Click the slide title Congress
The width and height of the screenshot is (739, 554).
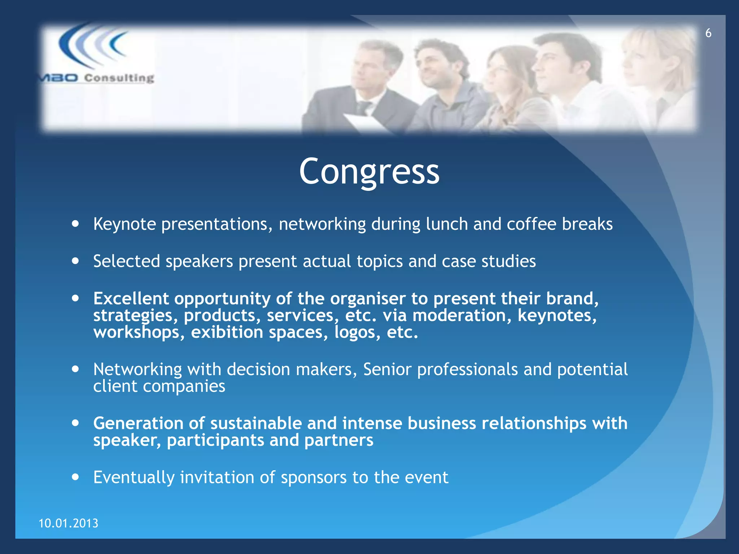coord(369,172)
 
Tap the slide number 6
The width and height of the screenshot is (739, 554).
coord(708,33)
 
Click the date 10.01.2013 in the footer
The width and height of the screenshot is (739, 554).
coord(68,523)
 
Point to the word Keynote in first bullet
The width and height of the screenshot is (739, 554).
coord(124,224)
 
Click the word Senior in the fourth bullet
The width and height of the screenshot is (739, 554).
coord(387,369)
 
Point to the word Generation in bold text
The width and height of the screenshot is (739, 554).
coord(138,423)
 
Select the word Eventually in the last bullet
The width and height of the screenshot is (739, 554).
coord(134,478)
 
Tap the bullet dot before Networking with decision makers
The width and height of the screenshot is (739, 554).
coord(75,369)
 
